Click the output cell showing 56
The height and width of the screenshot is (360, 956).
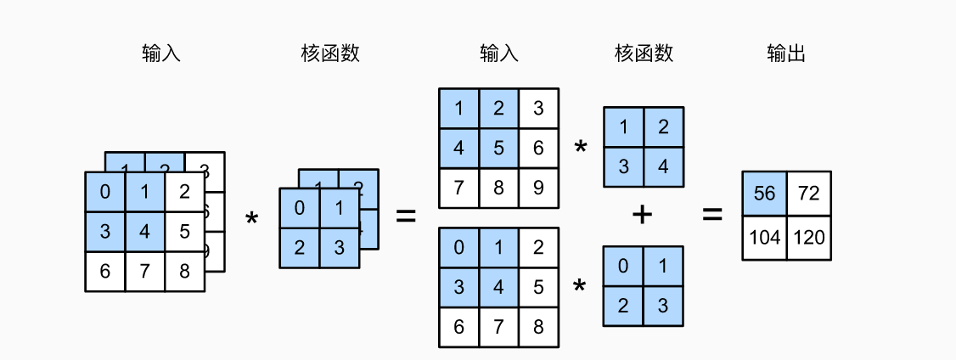[x=764, y=193]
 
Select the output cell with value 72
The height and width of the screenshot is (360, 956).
[x=809, y=193]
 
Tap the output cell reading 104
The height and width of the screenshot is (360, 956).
[x=764, y=238]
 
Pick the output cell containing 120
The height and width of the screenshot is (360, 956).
[x=809, y=238]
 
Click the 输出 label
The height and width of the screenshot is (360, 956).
[x=785, y=54]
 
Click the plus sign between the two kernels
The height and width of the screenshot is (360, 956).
[x=642, y=215]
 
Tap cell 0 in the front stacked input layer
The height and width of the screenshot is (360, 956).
[x=104, y=192]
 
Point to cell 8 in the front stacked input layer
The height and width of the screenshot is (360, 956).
[x=184, y=272]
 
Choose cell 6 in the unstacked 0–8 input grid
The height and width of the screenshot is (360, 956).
[x=459, y=327]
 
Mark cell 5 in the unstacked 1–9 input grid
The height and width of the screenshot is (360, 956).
[x=498, y=148]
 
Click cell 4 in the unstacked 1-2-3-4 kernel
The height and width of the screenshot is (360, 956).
[x=663, y=166]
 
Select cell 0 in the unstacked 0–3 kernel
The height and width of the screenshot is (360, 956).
[x=623, y=267]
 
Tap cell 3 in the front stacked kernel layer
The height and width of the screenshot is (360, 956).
[x=339, y=248]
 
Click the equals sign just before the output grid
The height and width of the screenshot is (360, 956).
[x=711, y=215]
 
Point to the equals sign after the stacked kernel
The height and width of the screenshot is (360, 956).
[x=406, y=217]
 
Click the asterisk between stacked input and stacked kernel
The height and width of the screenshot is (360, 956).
[x=251, y=220]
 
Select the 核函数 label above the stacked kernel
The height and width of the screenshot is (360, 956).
[x=330, y=54]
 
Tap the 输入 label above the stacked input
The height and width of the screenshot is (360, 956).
[x=161, y=54]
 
